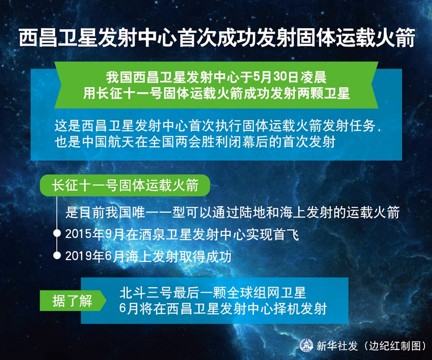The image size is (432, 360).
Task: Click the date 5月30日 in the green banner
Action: pyautogui.click(x=275, y=77)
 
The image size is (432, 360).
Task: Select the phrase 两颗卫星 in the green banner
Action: pyautogui.click(x=323, y=94)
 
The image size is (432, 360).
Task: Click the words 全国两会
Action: pyautogui.click(x=175, y=142)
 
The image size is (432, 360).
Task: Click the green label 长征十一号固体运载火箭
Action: pyautogui.click(x=125, y=185)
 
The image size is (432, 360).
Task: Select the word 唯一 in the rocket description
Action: pyautogui.click(x=146, y=212)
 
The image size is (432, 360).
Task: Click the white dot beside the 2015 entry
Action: pyautogui.click(x=57, y=234)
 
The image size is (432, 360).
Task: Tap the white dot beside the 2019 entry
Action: pyautogui.click(x=57, y=256)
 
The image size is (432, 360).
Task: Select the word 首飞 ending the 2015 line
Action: pyautogui.click(x=286, y=234)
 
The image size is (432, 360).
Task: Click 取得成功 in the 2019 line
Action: pyautogui.click(x=205, y=256)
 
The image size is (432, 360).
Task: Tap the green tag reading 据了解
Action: pyautogui.click(x=72, y=301)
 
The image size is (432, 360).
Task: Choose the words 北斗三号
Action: pyautogui.click(x=146, y=293)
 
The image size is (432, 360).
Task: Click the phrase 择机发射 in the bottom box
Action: pyautogui.click(x=300, y=309)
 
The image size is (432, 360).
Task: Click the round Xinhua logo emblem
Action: pyautogui.click(x=306, y=345)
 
